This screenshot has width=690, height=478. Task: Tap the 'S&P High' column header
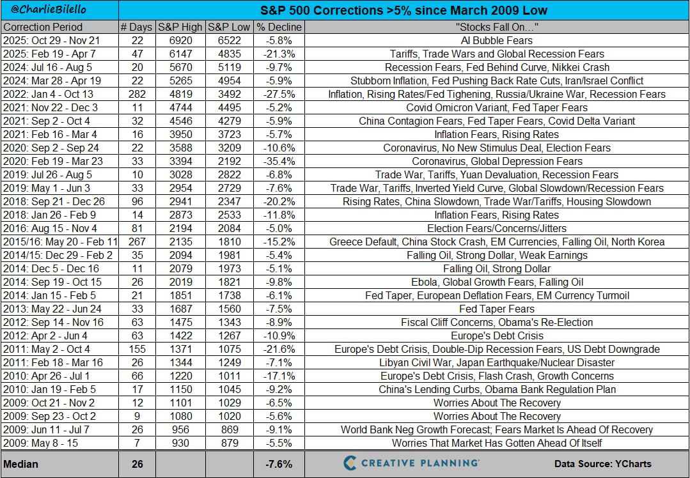click(180, 27)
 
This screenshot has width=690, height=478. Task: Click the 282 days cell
click(137, 94)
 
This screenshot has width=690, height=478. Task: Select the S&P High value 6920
click(180, 40)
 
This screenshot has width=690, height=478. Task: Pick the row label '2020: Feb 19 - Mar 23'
click(51, 161)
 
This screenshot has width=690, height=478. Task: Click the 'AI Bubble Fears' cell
click(497, 40)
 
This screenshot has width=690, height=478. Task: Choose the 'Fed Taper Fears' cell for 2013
click(497, 309)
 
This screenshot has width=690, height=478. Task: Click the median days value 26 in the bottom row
click(137, 464)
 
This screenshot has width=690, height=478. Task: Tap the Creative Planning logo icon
click(350, 463)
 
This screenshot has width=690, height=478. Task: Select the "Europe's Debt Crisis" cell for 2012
click(497, 335)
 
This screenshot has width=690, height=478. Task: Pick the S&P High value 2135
click(180, 242)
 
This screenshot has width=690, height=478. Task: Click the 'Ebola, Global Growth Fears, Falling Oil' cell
click(497, 282)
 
